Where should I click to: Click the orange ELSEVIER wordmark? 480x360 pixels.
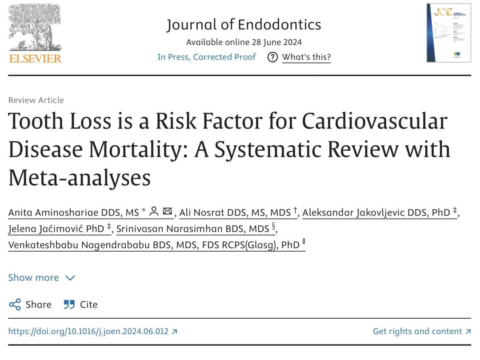[35, 58]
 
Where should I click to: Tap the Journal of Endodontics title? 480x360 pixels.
[244, 24]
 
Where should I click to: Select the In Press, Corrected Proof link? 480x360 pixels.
[207, 57]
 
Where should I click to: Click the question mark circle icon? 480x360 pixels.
[273, 57]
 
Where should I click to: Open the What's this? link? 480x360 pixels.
[306, 57]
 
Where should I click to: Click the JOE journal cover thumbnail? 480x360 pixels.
[448, 33]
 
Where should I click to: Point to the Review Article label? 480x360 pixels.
[36, 100]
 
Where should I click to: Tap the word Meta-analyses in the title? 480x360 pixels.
[80, 178]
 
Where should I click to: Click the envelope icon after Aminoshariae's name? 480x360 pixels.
[168, 212]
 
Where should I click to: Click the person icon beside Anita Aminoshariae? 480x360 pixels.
[154, 212]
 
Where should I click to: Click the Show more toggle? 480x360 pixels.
[41, 278]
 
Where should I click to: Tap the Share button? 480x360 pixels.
[30, 304]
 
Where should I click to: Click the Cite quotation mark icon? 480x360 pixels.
[69, 304]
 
